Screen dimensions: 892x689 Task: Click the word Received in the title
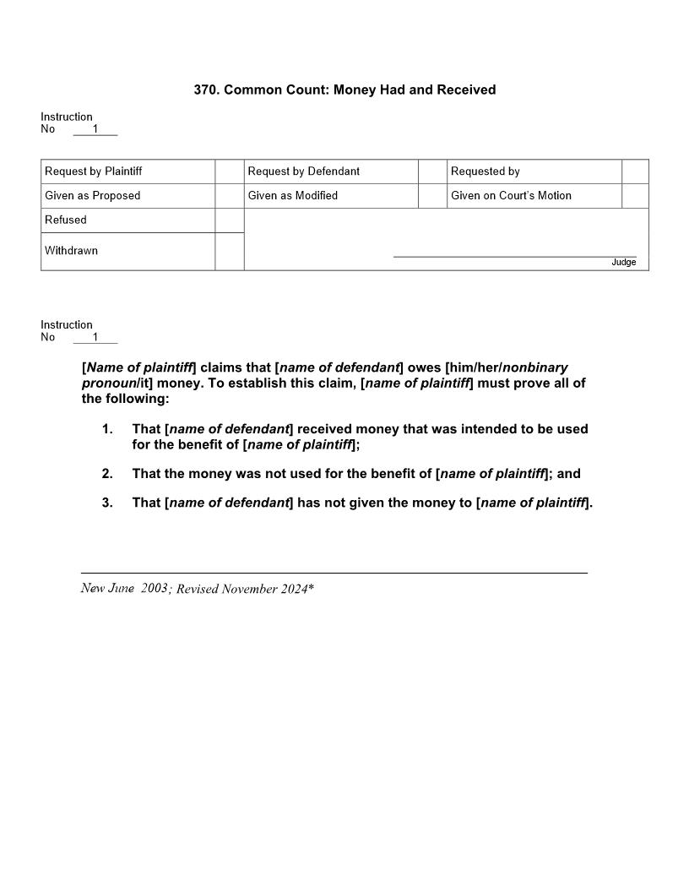[466, 90]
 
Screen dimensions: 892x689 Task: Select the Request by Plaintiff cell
[127, 171]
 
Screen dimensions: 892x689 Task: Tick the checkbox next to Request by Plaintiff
[229, 171]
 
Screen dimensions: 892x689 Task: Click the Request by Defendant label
[304, 171]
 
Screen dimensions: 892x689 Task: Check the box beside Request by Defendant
[432, 171]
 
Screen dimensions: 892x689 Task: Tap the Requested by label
[486, 171]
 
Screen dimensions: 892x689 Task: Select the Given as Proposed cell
[127, 196]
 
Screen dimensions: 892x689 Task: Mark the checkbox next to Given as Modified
[432, 196]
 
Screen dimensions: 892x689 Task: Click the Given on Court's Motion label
[511, 196]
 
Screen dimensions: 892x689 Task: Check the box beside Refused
[229, 220]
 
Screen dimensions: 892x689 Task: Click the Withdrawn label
[71, 251]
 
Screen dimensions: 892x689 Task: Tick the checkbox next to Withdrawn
[229, 251]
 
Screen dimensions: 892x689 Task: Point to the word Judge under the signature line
[623, 263]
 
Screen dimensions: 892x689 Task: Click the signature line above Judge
[514, 256]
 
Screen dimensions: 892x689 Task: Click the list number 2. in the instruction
[107, 474]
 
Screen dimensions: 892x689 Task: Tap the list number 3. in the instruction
[107, 503]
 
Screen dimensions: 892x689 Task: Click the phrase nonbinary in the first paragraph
[535, 368]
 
